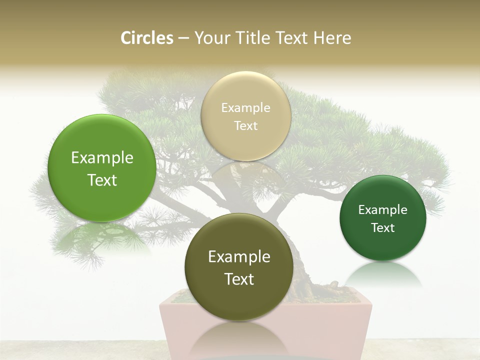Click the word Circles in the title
[147, 38]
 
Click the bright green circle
[102, 168]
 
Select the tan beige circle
[245, 116]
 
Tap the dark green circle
[382, 218]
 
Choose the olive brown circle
[239, 267]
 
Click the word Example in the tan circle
[245, 107]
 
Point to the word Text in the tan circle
[245, 125]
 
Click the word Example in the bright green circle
[102, 158]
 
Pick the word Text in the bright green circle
[102, 180]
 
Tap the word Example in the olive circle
[239, 257]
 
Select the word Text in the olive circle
[239, 279]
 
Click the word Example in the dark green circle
[382, 209]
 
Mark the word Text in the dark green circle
[382, 227]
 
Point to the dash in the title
[183, 38]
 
